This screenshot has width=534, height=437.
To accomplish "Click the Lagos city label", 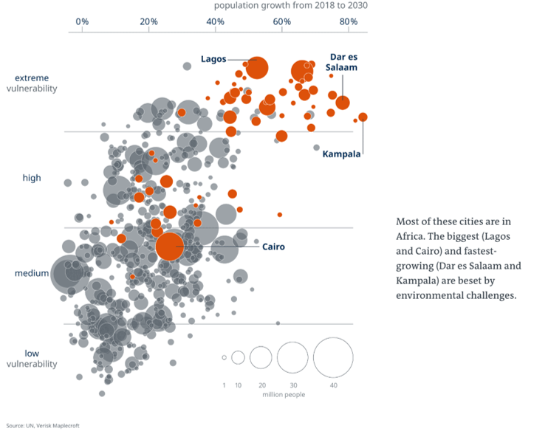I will point(213,59).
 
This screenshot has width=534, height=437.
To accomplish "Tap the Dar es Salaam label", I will point(341,62).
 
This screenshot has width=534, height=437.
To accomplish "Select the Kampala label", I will point(341,154).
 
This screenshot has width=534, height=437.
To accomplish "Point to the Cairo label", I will point(273,247).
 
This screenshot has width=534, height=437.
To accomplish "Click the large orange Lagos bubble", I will point(256,68).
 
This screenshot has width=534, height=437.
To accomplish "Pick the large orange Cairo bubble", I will point(169,247).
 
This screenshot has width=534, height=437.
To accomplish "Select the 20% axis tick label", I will point(149,21).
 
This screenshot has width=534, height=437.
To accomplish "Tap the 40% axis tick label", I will point(216,21).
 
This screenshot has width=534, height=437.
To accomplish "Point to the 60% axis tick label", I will point(282,21).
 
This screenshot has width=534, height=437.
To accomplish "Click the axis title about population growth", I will point(290,6).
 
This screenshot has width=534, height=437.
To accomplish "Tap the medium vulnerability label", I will point(32,274).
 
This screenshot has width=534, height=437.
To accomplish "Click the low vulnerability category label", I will point(32,358).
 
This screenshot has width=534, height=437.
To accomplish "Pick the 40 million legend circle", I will point(333,357).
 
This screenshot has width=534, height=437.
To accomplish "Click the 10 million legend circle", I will point(238,357).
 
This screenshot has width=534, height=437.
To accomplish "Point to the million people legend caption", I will point(283,395).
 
